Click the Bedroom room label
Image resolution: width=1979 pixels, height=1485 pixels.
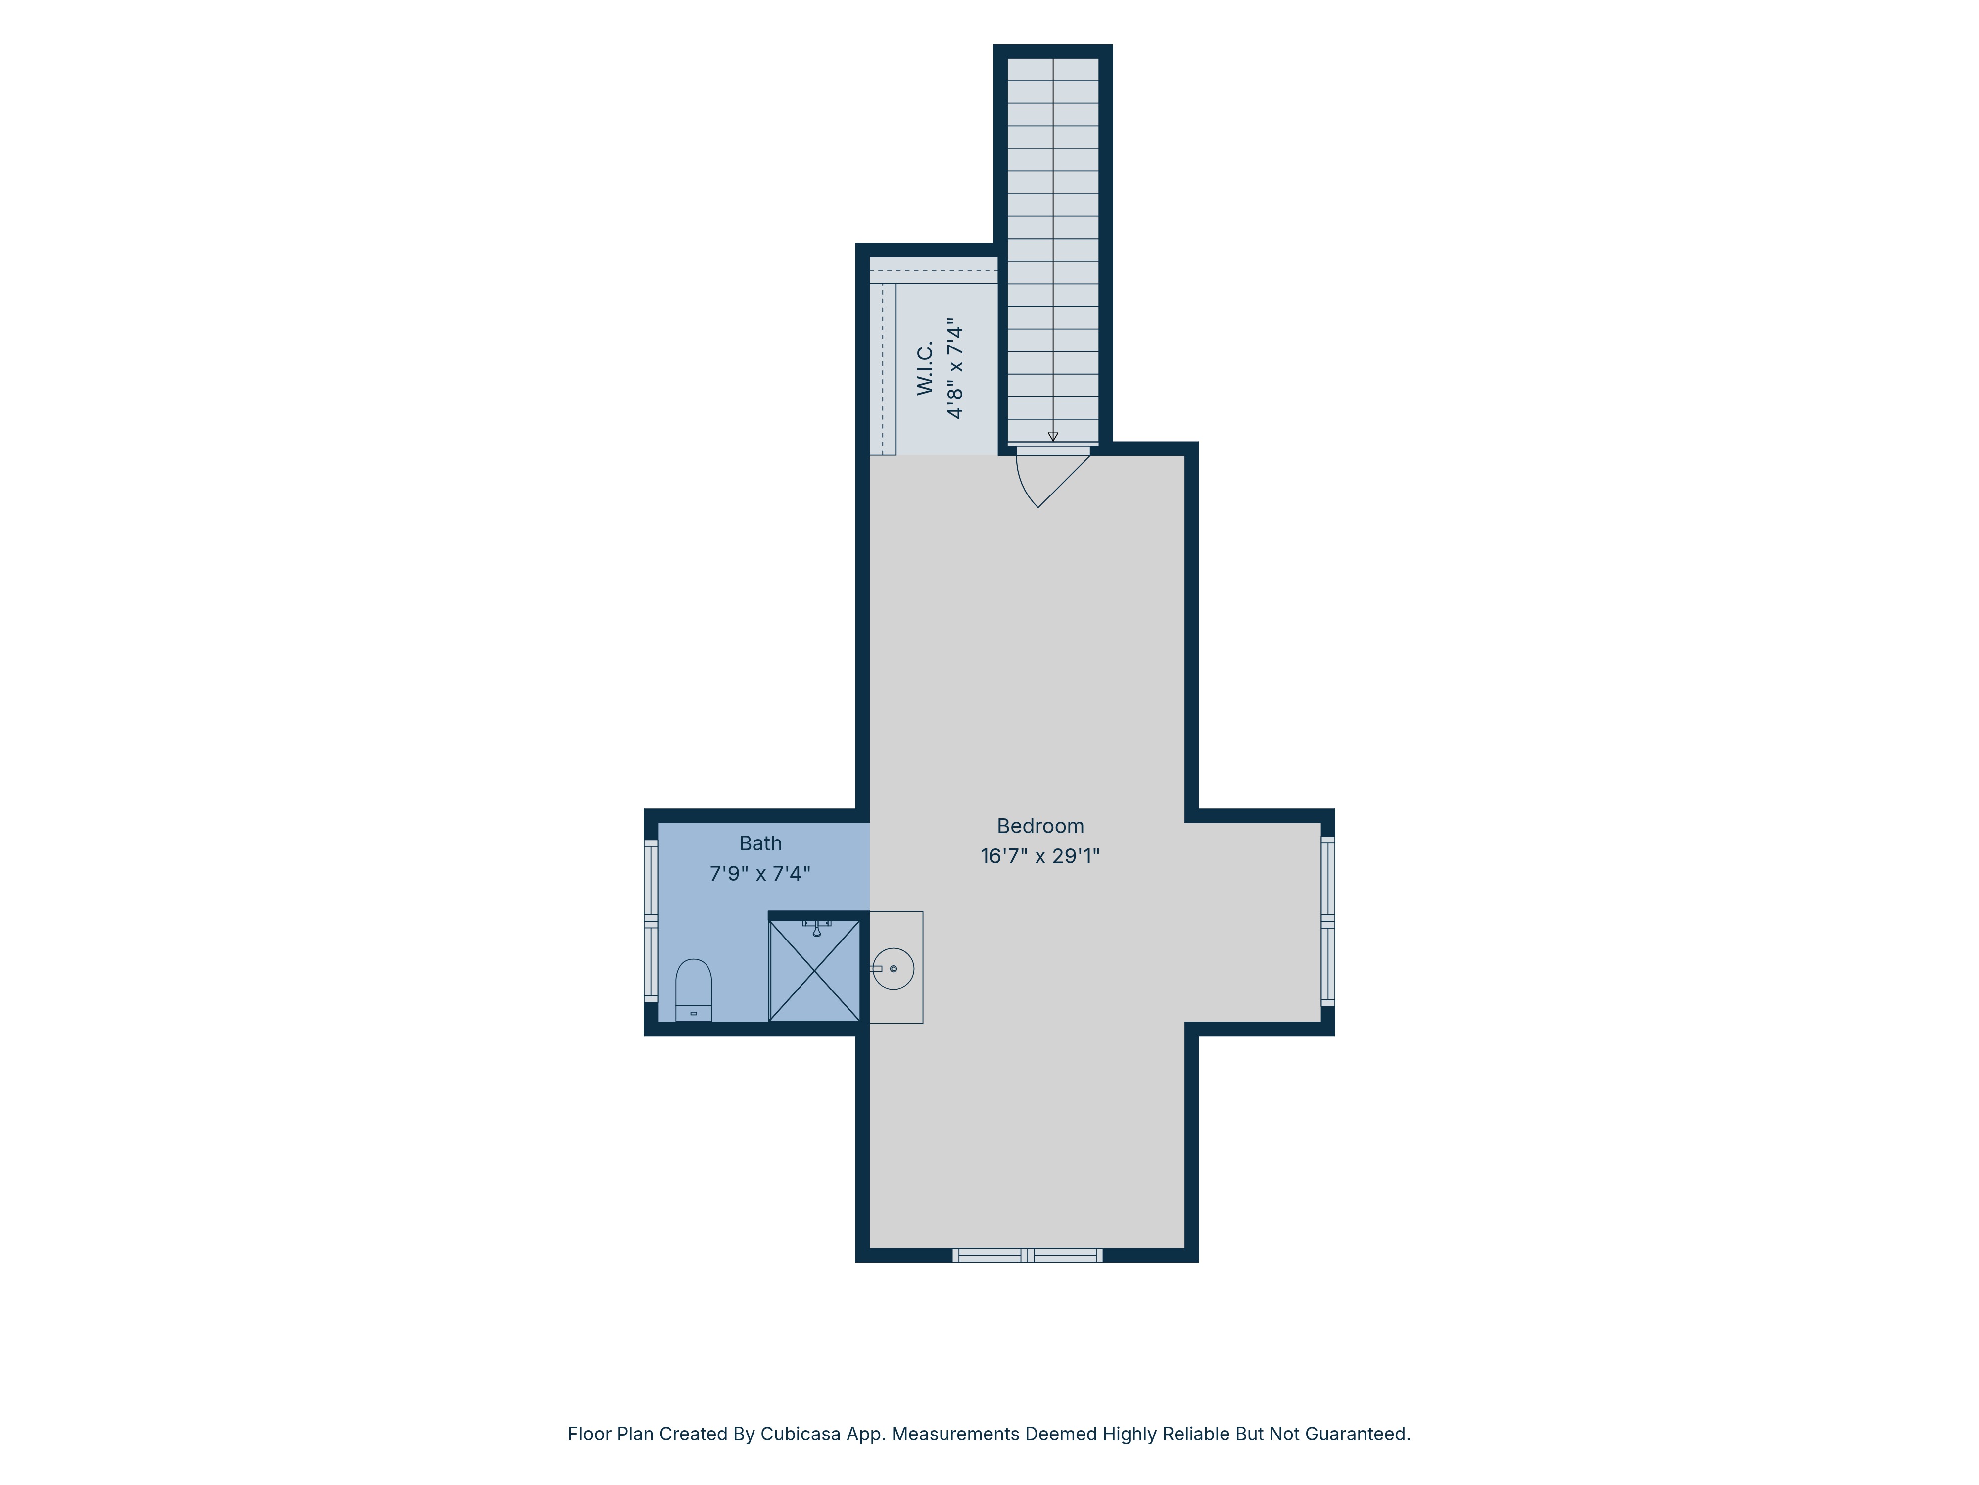point(1039,826)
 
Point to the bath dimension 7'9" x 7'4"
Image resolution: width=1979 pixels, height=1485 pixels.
point(760,874)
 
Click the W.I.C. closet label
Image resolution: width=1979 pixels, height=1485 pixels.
point(925,368)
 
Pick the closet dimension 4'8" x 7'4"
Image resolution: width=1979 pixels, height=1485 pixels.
point(955,368)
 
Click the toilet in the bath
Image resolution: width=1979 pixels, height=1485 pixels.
point(693,990)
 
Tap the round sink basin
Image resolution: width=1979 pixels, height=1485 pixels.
point(893,969)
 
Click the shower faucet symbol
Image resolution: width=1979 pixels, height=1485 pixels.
point(817,927)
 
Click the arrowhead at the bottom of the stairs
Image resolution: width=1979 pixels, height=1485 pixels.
point(1053,437)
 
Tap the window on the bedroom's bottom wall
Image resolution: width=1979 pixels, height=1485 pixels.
point(1027,1255)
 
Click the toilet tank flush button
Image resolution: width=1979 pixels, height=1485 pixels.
point(693,1013)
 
